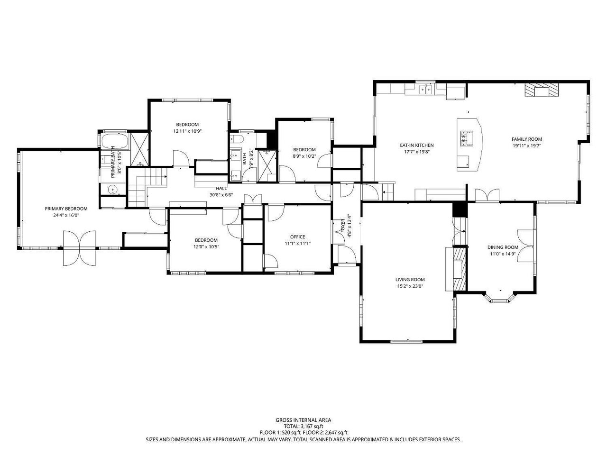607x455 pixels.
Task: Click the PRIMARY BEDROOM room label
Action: point(66,209)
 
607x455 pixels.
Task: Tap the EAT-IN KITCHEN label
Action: point(417,146)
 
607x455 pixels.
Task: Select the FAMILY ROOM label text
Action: point(527,139)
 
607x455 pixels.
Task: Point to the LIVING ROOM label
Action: point(410,280)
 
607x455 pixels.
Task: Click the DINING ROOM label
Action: point(503,247)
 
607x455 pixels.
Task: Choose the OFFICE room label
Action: point(298,237)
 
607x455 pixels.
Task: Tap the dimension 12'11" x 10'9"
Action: point(187,131)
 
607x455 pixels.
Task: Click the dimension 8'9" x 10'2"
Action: point(304,156)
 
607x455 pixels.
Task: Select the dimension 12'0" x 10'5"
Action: point(206,247)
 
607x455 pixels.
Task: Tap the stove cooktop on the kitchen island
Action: point(467,138)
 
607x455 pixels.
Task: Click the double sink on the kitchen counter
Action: point(426,90)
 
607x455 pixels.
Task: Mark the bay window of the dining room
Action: point(500,299)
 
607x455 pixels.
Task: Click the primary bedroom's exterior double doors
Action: point(80,248)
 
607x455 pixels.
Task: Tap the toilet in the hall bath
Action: point(237,139)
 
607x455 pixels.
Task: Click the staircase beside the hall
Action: point(147,187)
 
